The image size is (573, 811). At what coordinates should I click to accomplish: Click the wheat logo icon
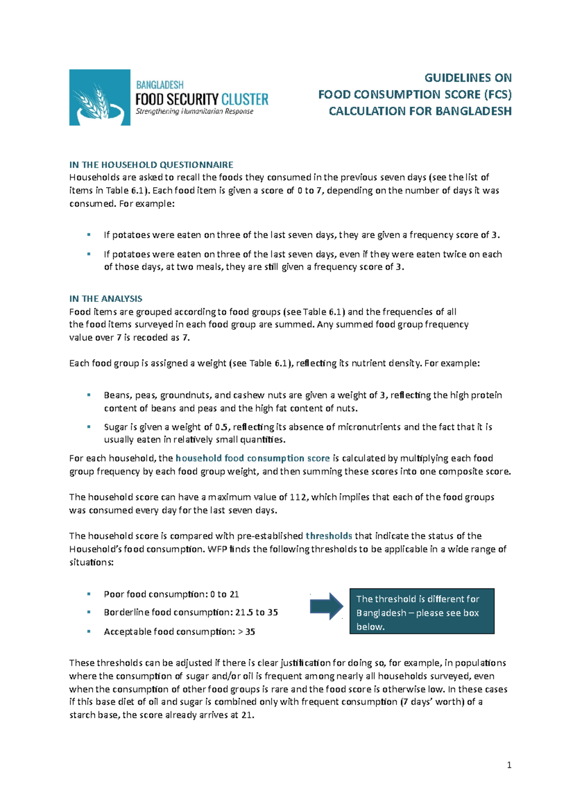99,97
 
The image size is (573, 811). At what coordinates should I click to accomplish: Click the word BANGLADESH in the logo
159,85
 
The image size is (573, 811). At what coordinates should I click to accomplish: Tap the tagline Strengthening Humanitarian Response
194,111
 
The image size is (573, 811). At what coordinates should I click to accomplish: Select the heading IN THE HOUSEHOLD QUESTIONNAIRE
151,165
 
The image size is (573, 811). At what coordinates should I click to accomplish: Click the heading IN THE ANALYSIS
106,299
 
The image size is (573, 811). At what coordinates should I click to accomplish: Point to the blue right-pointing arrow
327,606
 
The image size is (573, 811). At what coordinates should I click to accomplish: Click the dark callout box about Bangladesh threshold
422,611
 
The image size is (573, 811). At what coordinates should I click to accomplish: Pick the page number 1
509,765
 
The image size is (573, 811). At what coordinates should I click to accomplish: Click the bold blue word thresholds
329,536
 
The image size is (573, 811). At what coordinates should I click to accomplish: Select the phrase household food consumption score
253,458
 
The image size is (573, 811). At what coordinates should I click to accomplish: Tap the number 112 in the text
298,497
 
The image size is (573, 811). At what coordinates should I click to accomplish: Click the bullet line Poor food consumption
171,594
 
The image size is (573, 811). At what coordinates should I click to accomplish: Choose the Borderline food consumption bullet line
191,612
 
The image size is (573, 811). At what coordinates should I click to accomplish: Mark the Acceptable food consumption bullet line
179,631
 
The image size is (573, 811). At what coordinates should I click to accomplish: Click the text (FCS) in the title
497,95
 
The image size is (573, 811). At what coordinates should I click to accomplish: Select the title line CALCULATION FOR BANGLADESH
420,111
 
